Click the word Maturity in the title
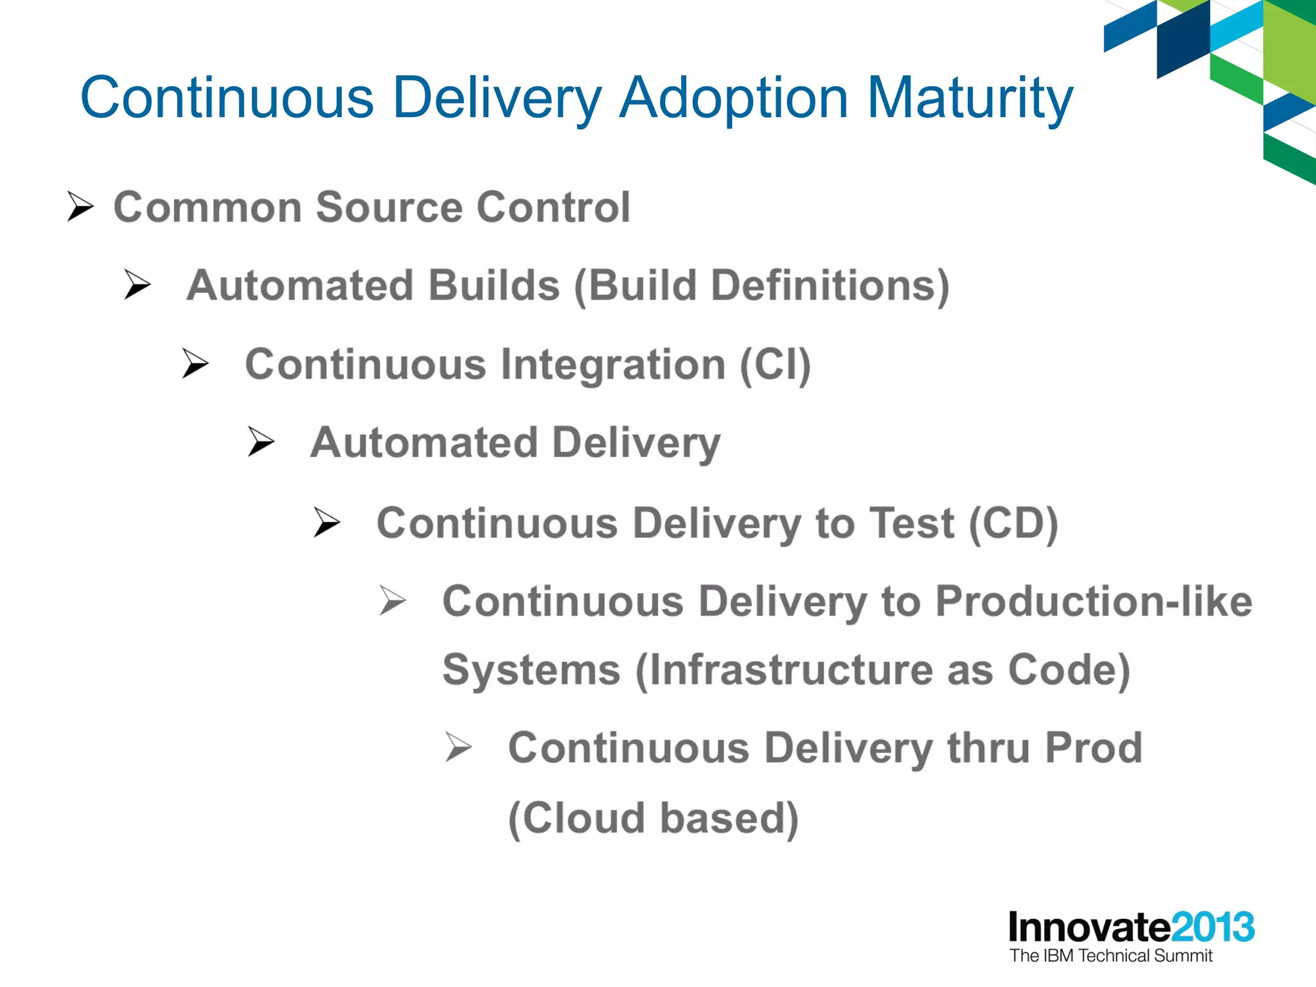(x=970, y=98)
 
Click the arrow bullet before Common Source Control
(x=81, y=207)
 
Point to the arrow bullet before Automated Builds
(x=138, y=285)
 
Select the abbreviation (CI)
(x=775, y=364)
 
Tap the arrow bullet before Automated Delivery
(x=261, y=442)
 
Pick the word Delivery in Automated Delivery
(x=636, y=443)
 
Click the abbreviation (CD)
(x=1013, y=523)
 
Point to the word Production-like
(x=1093, y=601)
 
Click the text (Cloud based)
(x=653, y=818)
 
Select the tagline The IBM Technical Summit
(x=1110, y=956)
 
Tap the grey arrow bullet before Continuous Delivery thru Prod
(x=459, y=747)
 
